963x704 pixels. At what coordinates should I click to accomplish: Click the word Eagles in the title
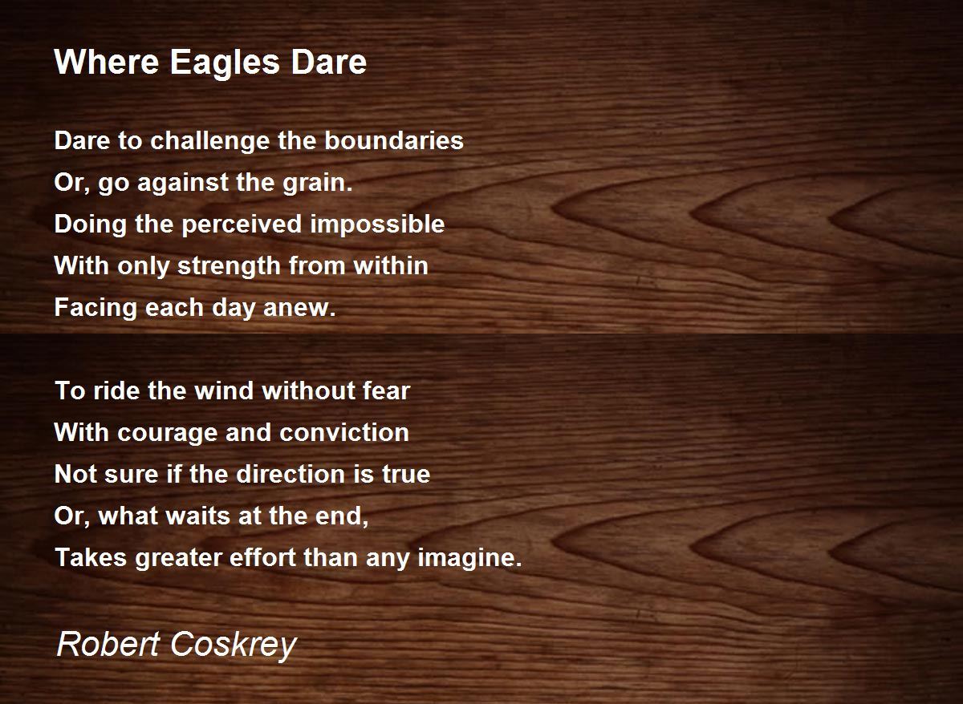coord(225,63)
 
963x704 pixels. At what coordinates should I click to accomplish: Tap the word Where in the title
coord(107,62)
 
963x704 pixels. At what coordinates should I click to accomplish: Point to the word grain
coord(318,183)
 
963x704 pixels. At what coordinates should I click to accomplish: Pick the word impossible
coord(377,225)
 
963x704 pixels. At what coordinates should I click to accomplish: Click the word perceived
coord(242,225)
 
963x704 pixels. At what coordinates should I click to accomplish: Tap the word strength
coord(230,266)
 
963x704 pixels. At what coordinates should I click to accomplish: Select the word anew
coord(299,309)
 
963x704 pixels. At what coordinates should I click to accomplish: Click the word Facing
coord(96,309)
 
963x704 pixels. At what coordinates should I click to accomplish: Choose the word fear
coord(387,390)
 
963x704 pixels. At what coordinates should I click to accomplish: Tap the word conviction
coord(344,432)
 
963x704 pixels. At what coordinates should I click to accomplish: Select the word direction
coord(291,474)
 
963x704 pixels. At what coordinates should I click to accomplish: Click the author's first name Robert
coord(108,645)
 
